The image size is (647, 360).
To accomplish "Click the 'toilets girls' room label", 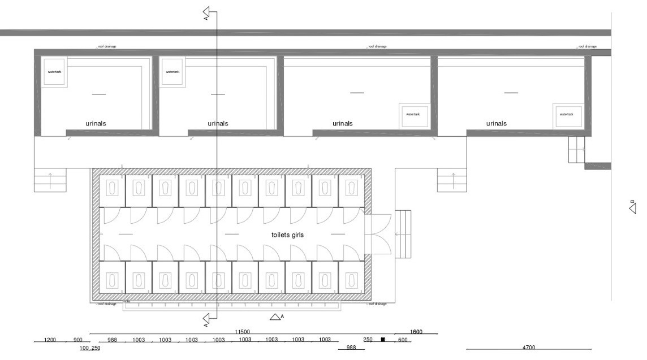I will point(288,235).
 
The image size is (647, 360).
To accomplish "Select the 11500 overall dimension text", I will point(242,332).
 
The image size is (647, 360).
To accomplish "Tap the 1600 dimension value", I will point(416,332).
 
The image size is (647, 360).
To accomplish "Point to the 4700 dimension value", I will point(529,347).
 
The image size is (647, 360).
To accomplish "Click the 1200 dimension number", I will point(50,340).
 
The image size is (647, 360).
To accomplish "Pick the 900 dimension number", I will point(78,340).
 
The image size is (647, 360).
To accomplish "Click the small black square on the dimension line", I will point(383,340).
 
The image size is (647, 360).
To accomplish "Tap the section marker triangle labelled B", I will point(633,208).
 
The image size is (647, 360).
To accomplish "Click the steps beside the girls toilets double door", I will point(404,234).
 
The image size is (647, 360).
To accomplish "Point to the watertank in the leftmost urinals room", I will point(54,72).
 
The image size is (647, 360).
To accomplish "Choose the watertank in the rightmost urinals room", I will point(567,114).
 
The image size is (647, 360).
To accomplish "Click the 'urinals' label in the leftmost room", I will point(96,123).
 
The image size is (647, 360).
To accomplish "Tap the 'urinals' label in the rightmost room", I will point(497,123).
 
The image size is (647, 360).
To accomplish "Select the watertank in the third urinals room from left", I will point(412,114).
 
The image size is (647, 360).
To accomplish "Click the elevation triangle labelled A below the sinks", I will point(275,317).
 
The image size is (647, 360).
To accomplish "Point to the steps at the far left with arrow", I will point(50,181).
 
